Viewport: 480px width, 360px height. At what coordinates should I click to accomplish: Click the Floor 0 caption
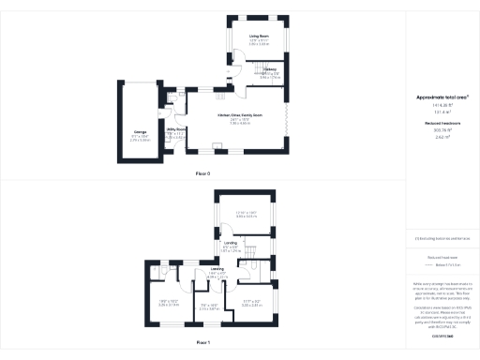pos(202,174)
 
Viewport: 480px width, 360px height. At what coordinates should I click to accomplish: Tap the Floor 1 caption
pos(202,344)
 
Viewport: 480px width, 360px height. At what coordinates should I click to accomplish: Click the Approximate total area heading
pos(442,97)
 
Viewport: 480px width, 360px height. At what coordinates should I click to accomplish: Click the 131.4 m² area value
pos(442,110)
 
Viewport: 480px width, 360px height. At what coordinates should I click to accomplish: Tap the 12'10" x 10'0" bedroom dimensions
pos(247,213)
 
